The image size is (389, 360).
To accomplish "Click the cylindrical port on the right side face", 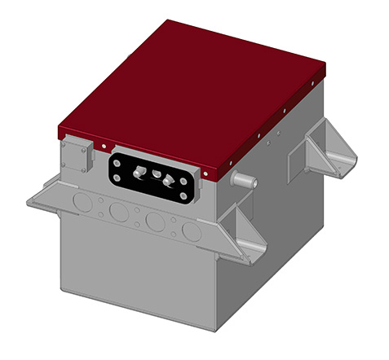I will point(243,180).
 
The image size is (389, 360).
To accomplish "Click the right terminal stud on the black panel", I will point(169,180).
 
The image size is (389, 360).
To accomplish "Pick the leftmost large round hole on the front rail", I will point(82,200).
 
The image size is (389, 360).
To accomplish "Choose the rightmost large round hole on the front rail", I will point(192,231).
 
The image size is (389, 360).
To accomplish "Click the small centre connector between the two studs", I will point(155,173).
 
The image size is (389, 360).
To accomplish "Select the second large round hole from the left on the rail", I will point(119,211).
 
